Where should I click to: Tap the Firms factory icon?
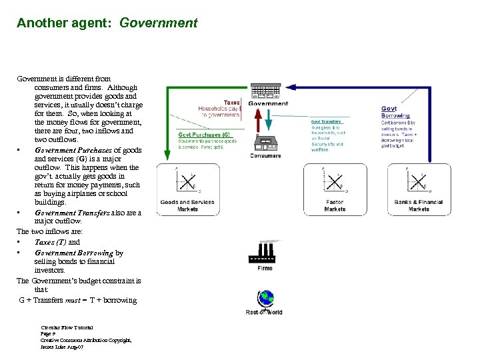(265, 252)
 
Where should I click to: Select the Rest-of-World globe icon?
(265, 299)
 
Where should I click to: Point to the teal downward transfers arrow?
(268, 122)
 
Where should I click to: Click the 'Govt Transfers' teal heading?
(327, 121)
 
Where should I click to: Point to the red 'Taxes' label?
(231, 103)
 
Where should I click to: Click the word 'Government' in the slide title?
(159, 23)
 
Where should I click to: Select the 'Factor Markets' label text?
(335, 205)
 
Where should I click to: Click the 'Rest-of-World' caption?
(264, 312)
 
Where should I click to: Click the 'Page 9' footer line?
(53, 333)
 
